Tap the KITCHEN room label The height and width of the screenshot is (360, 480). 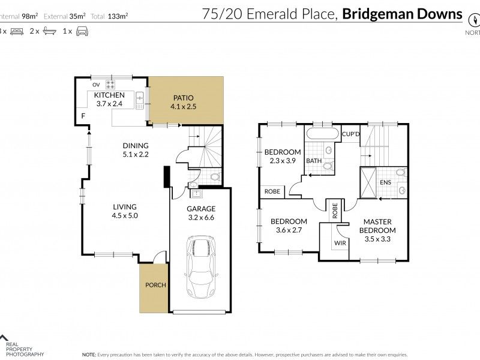(x=109, y=95)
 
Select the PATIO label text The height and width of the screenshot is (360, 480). (x=184, y=98)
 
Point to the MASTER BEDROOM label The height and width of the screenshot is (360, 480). (x=381, y=226)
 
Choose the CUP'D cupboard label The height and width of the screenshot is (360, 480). (x=350, y=134)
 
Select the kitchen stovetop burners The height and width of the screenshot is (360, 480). (x=110, y=84)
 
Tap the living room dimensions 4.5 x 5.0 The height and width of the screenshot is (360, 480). (x=125, y=215)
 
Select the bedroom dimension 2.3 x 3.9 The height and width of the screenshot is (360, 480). (x=282, y=161)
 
